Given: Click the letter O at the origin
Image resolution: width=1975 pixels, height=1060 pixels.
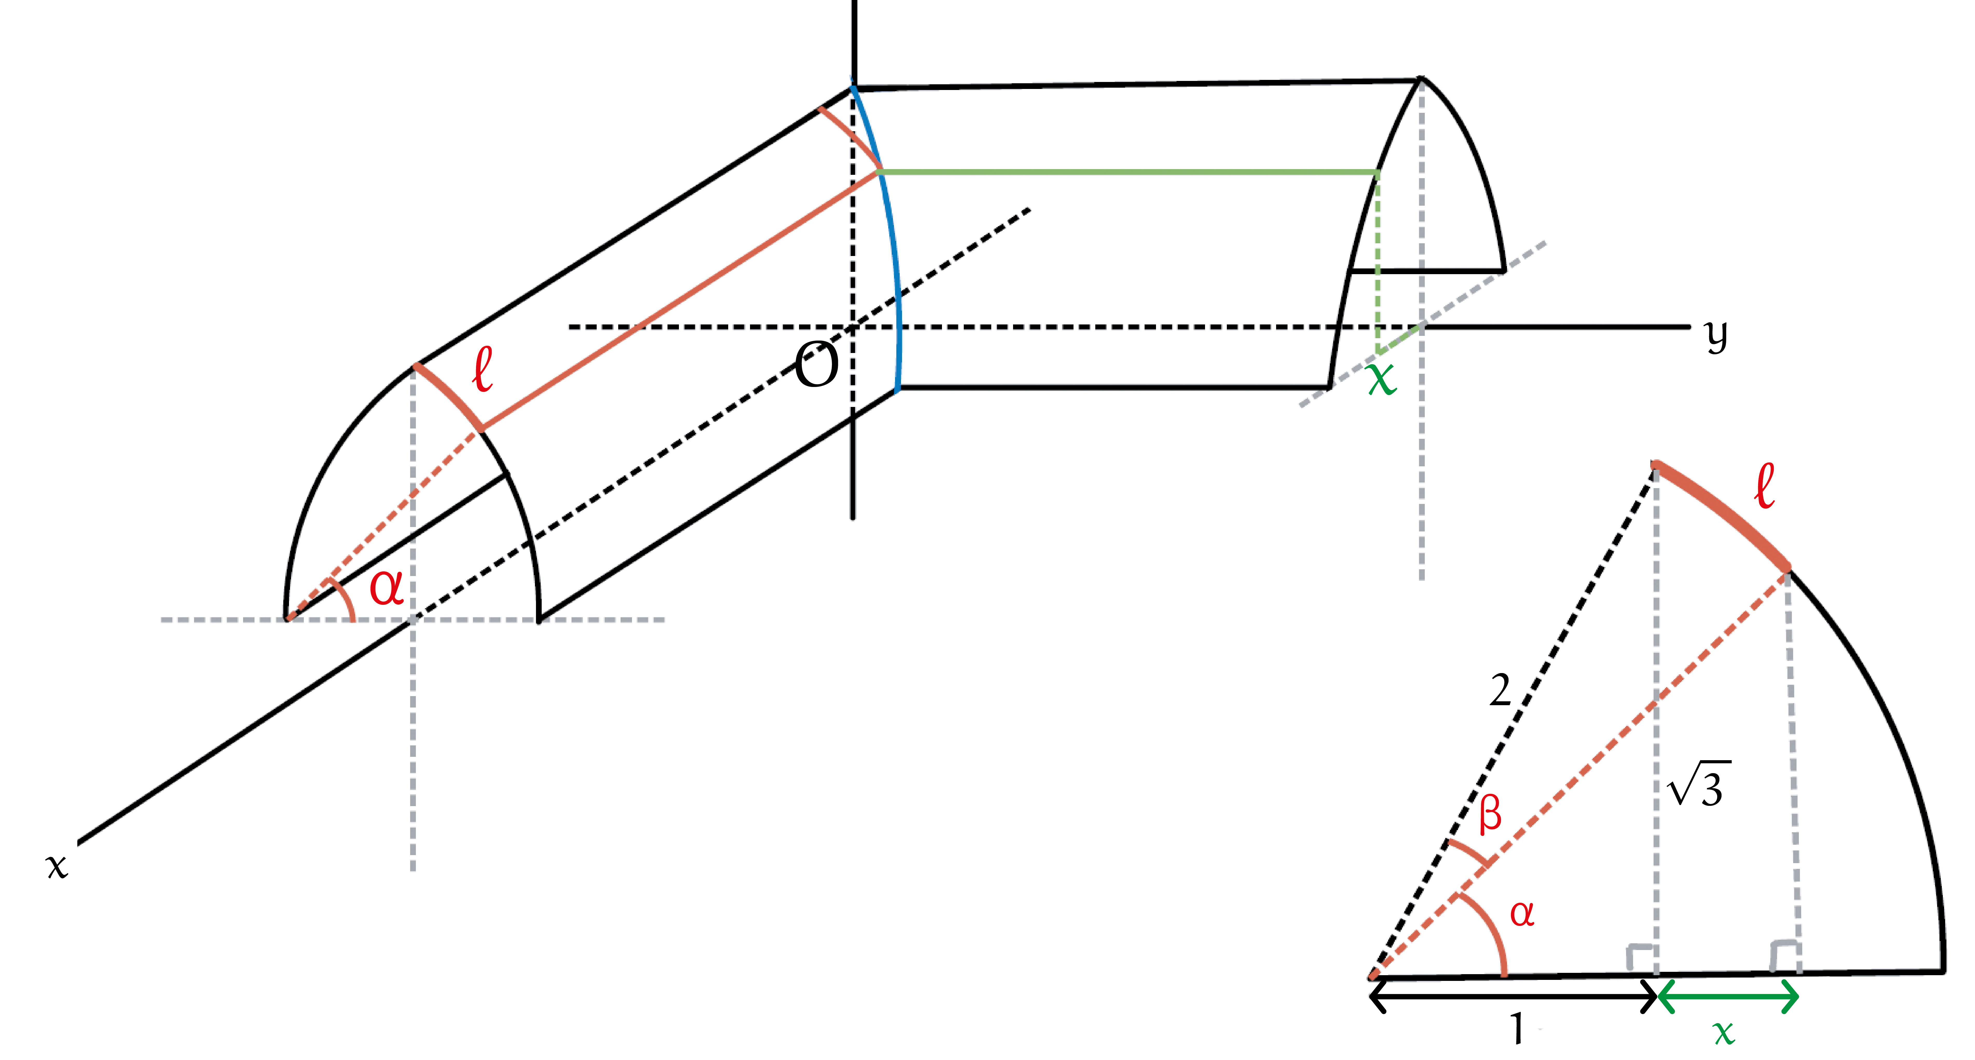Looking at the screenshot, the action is pyautogui.click(x=816, y=366).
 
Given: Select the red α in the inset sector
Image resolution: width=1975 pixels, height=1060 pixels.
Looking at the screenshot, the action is pyautogui.click(x=1522, y=914).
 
